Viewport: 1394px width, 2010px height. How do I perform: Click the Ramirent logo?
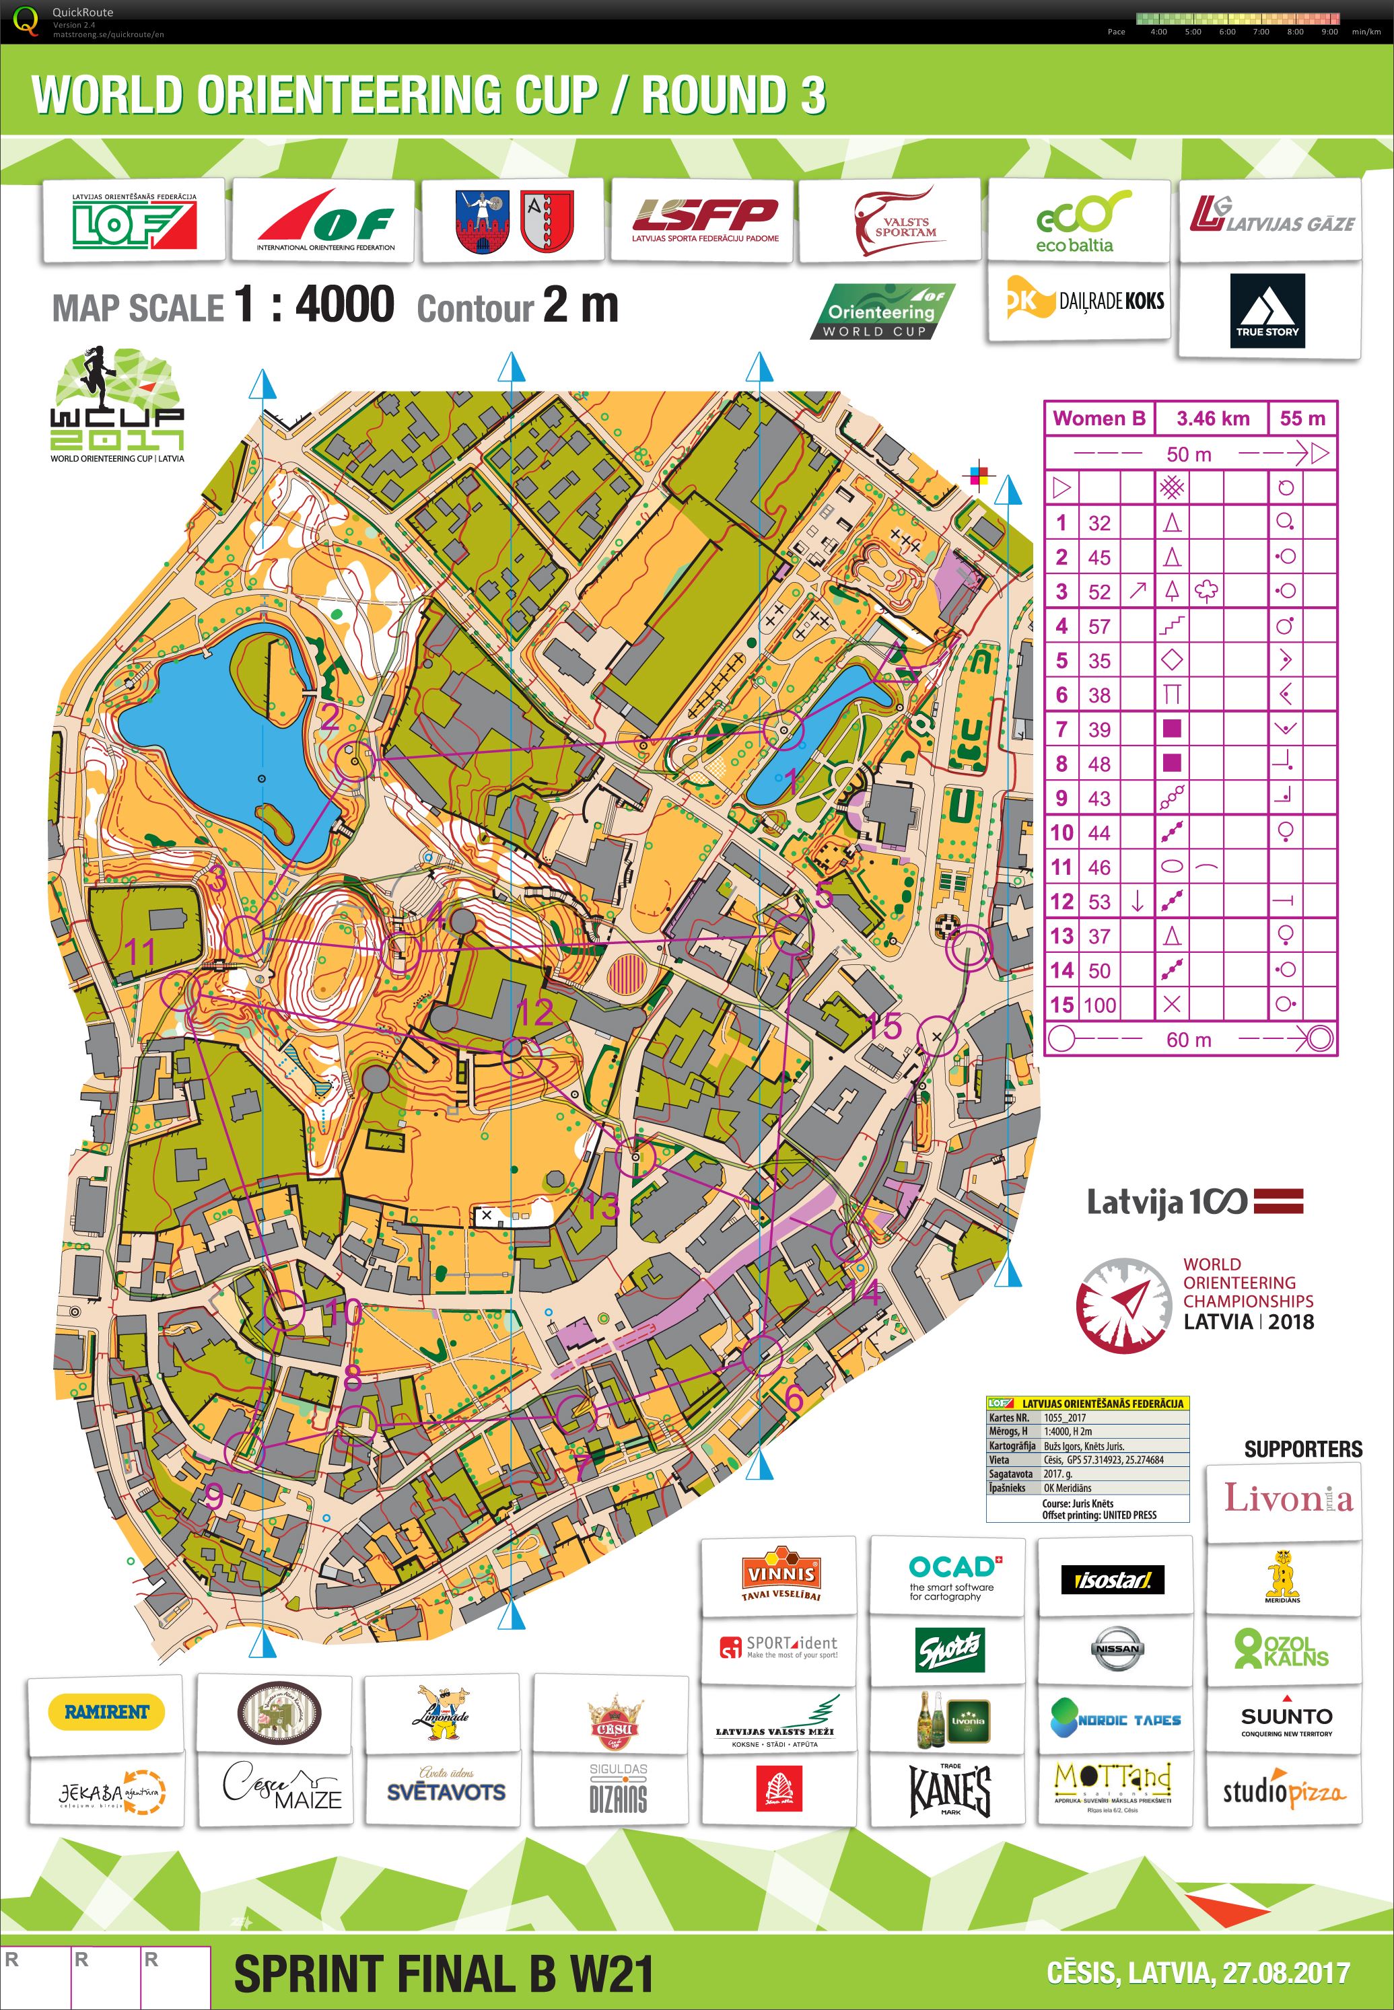tap(106, 1711)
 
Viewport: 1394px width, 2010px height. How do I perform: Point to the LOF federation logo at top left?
tap(134, 223)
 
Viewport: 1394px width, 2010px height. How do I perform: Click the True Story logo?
tap(1267, 311)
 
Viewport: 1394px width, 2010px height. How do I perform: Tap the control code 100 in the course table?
tap(1100, 1005)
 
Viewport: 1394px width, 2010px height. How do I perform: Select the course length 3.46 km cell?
tap(1212, 419)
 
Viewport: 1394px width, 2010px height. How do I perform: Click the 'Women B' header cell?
tap(1099, 419)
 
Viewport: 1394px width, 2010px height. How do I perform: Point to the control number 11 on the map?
tap(140, 951)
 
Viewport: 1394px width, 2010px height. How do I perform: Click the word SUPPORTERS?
tap(1302, 1449)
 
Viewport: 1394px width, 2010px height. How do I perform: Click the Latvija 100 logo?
tap(1194, 1203)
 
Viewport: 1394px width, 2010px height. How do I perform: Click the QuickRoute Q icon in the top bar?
tap(26, 21)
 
